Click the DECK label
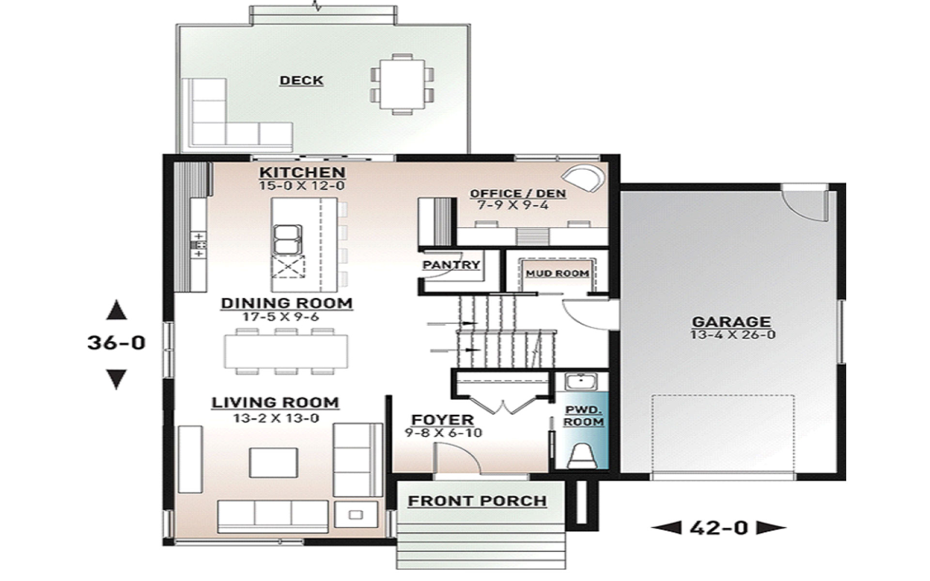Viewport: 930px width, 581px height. pos(301,80)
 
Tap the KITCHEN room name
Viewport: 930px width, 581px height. pos(302,172)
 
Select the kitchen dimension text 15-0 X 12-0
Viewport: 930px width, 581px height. pos(302,185)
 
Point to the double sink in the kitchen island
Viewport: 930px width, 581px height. pos(288,240)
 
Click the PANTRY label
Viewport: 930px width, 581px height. pos(451,265)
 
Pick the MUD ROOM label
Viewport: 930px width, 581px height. pos(558,274)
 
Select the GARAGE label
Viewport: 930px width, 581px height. pos(731,322)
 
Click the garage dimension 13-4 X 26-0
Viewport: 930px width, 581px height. pos(733,335)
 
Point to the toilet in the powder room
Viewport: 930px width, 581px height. pos(581,456)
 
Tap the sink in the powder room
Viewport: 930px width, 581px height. pos(581,382)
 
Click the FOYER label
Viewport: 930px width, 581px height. pos(442,420)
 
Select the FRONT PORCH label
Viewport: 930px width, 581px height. pos(477,501)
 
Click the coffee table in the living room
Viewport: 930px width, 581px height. pos(273,462)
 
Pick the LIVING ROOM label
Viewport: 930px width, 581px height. pos(275,403)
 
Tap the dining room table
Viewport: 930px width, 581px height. pos(286,351)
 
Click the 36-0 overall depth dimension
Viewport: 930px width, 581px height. pos(116,343)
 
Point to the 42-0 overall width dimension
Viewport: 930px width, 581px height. pos(719,528)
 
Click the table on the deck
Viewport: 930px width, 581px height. pos(402,84)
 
